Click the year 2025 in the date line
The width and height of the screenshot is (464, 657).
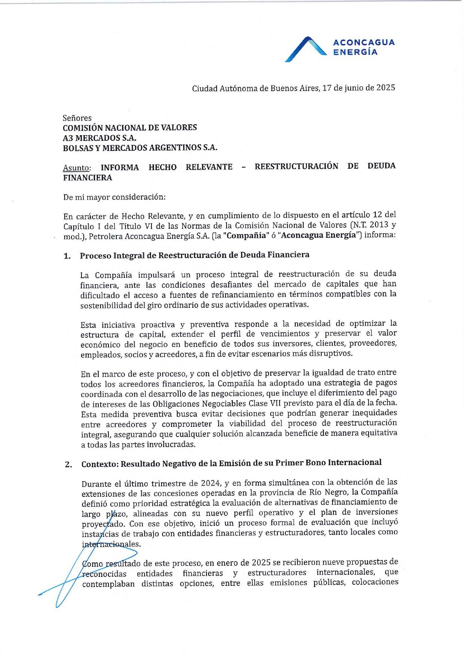pyautogui.click(x=385, y=88)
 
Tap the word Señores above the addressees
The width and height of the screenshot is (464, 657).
pyautogui.click(x=77, y=118)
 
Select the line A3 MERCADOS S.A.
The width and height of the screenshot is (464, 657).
pyautogui.click(x=99, y=138)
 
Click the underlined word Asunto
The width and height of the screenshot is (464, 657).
pyautogui.click(x=77, y=168)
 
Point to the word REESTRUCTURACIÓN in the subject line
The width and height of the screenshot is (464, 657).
pyautogui.click(x=296, y=166)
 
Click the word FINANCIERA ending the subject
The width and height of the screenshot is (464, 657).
pyautogui.click(x=87, y=178)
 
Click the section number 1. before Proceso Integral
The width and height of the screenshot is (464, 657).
pyautogui.click(x=67, y=256)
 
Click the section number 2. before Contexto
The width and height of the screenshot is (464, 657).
pyautogui.click(x=68, y=465)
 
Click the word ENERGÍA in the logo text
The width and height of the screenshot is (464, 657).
pyautogui.click(x=355, y=52)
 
